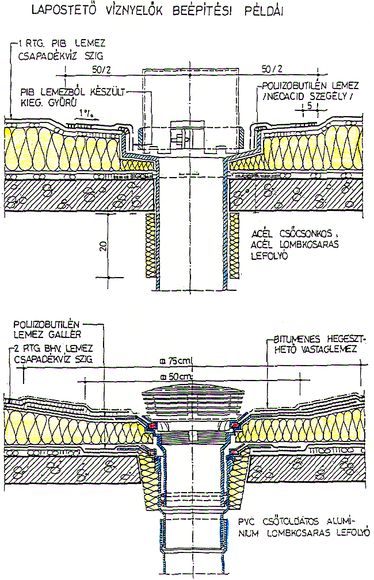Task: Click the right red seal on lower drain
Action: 236,425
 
